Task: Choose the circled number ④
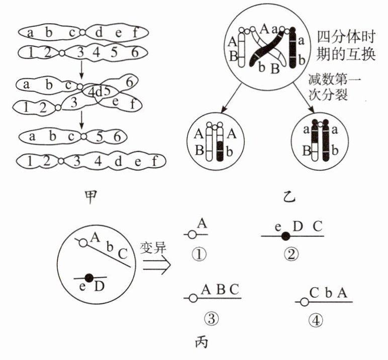tap(315, 320)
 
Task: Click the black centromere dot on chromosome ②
tap(285, 235)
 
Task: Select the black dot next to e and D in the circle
tap(89, 277)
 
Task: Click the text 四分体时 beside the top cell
tap(346, 37)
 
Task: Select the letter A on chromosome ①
tap(203, 223)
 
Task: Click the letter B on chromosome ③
tap(220, 289)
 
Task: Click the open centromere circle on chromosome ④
tap(304, 301)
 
